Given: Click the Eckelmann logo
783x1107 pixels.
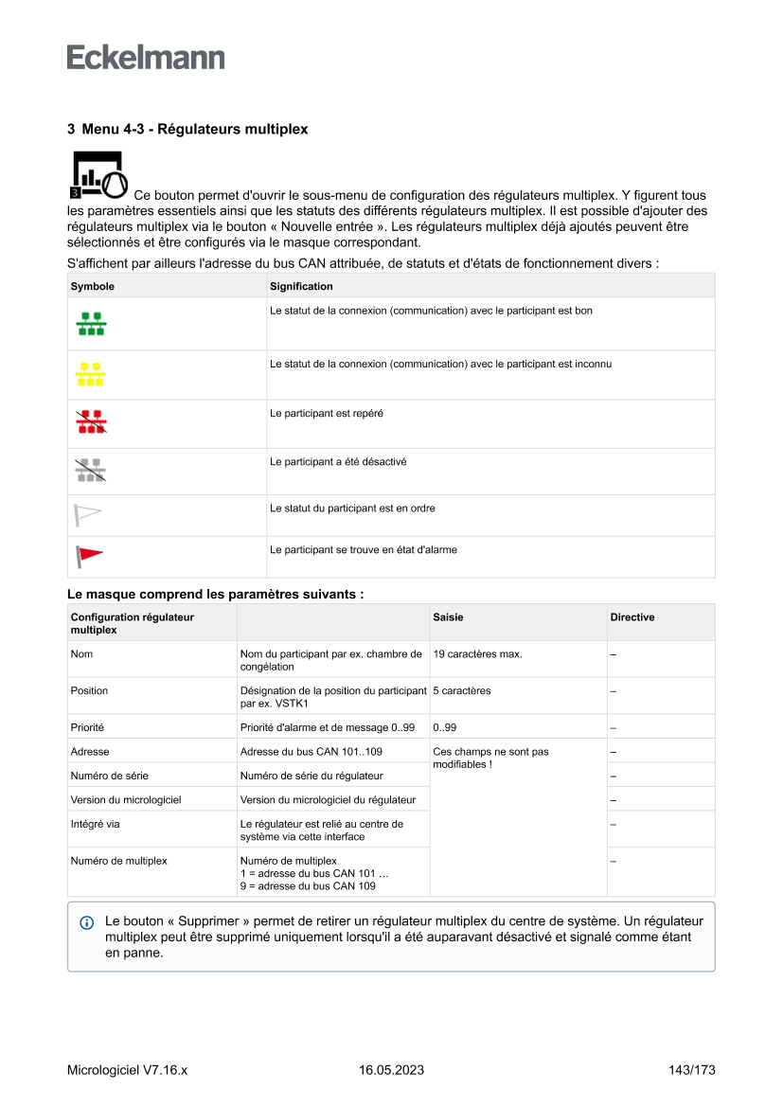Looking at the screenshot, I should click(146, 58).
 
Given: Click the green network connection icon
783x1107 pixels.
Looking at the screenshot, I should click(91, 324).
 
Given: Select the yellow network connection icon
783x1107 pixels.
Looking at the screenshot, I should click(90, 374).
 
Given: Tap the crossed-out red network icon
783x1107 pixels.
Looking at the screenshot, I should click(91, 422).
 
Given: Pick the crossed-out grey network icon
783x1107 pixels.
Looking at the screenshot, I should click(90, 471).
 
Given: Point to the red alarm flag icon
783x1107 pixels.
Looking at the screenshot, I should click(90, 556).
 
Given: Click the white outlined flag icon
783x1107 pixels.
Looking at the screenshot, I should click(88, 514).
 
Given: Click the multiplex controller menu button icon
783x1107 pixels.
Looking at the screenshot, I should click(98, 174).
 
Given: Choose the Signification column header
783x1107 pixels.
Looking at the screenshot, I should click(301, 286).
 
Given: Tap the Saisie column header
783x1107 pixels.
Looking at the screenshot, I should click(448, 617).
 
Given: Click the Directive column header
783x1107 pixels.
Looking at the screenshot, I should click(632, 617).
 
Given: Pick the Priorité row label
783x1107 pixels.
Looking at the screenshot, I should click(87, 727).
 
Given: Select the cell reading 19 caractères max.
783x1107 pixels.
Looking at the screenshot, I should click(477, 654).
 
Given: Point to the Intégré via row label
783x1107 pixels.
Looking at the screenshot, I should click(95, 824).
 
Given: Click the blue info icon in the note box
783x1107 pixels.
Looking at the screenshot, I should click(87, 921).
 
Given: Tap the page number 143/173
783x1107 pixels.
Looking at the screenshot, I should click(691, 1070).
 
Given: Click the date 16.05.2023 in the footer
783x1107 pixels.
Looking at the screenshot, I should click(391, 1070).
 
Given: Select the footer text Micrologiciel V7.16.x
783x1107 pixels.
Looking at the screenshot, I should click(127, 1070).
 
